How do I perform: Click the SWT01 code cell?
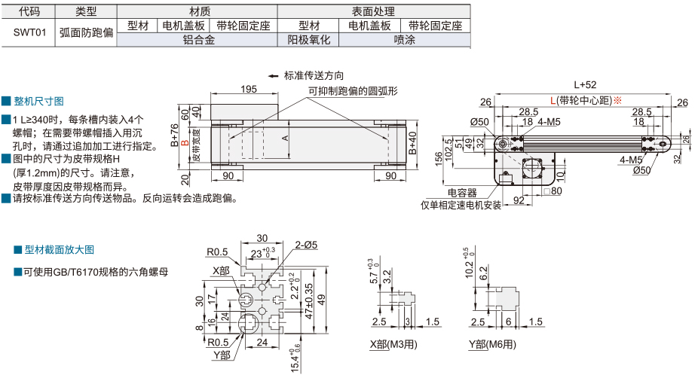pos(30,33)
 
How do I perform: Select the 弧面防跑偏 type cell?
pos(87,33)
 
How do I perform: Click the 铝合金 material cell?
pos(199,40)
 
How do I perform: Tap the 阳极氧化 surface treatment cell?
pos(309,40)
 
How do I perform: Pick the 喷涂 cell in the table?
pos(404,40)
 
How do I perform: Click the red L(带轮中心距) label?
pos(584,101)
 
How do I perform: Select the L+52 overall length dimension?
pos(584,84)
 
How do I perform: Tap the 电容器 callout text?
pos(461,193)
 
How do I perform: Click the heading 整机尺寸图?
pos(42,101)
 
